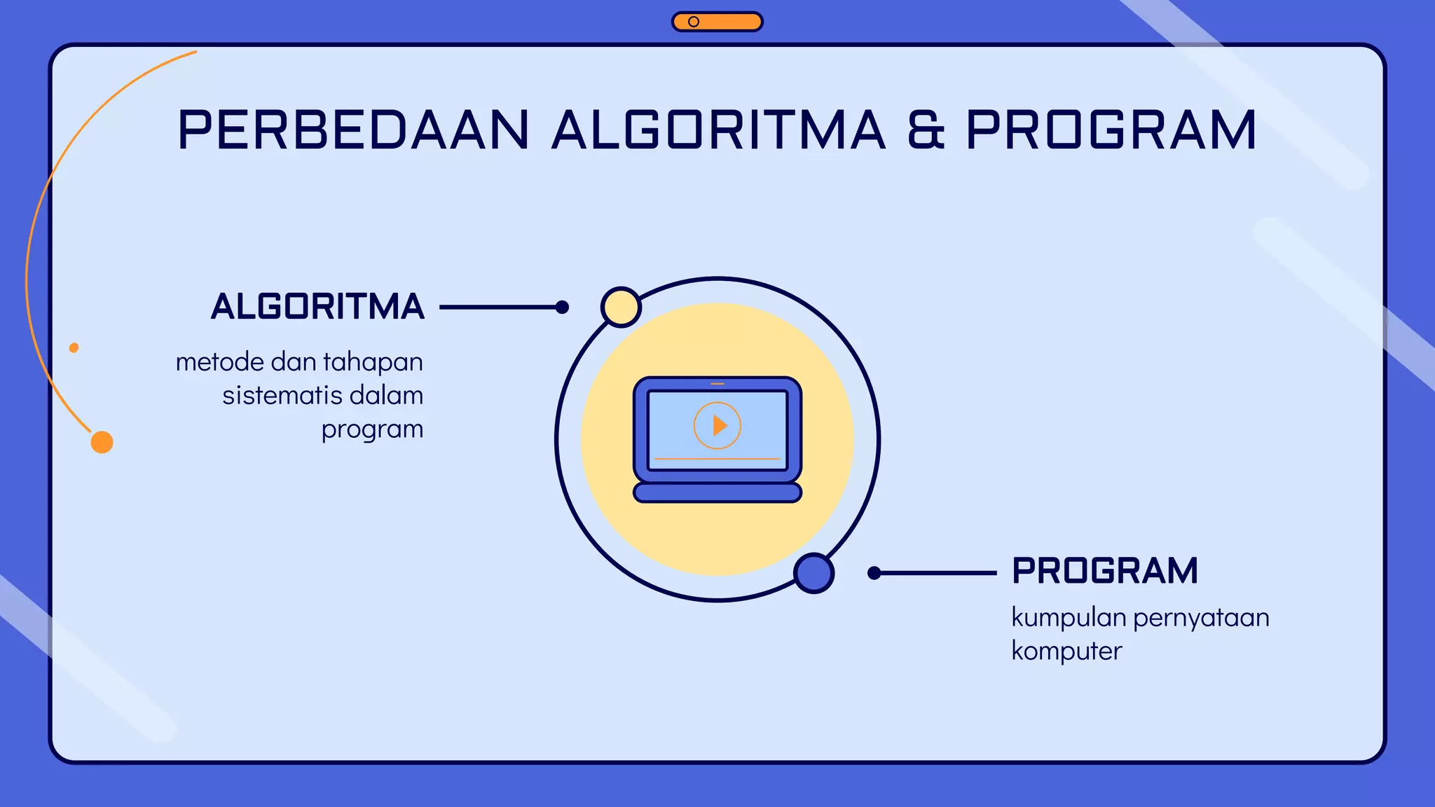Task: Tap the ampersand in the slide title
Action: pos(926,130)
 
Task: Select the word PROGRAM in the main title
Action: pos(1111,130)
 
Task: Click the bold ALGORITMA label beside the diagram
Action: pos(317,307)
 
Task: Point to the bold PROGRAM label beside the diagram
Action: pos(1105,571)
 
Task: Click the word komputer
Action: pos(1066,651)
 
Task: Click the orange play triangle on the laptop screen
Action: pos(719,425)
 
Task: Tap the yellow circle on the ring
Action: pos(621,307)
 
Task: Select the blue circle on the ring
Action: pos(813,573)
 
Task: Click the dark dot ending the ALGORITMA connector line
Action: pos(562,307)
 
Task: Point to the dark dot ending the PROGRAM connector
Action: pos(874,573)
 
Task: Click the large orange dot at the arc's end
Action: pos(102,442)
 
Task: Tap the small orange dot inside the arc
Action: pos(74,347)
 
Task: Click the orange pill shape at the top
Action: pos(717,22)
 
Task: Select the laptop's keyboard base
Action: pos(717,492)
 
